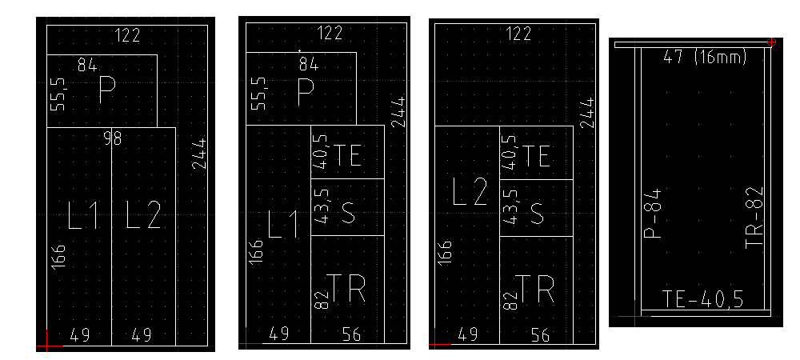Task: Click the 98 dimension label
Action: coord(112,138)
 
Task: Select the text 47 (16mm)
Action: coord(705,57)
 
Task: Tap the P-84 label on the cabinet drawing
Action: coord(653,213)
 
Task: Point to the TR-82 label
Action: coord(754,218)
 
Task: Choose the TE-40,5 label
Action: coord(702,299)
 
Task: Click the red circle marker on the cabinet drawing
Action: coord(771,42)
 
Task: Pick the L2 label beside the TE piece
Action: coord(470,192)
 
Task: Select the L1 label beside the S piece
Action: coord(284,225)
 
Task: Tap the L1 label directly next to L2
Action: coord(83,214)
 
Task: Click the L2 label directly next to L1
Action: coord(143,214)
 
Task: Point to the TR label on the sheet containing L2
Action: coord(534,289)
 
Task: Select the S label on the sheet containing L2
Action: coord(537,213)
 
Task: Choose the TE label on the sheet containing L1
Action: coord(347,155)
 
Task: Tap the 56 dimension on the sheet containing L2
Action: coord(540,335)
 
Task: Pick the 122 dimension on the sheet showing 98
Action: coord(127,35)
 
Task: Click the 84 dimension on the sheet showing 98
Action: coord(87,65)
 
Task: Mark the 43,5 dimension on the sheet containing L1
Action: coord(322,206)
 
